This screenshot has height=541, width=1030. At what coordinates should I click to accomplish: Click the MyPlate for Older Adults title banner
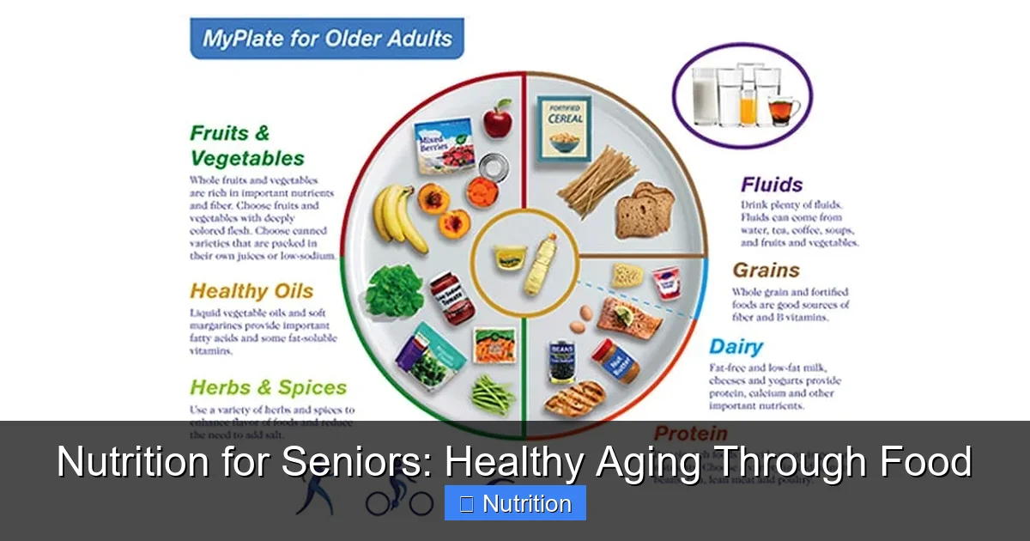(x=326, y=39)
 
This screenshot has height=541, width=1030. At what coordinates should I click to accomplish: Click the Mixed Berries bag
(x=442, y=145)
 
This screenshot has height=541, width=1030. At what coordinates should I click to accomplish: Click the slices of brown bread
(x=645, y=210)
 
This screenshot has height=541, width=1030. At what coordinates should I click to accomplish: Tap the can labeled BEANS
(x=563, y=360)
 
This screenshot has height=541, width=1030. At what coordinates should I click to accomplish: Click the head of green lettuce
(x=394, y=290)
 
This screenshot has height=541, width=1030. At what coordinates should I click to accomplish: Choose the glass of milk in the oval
(x=705, y=95)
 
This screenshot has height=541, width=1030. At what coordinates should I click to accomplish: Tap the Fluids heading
(x=772, y=185)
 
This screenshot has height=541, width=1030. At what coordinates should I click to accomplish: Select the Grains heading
(x=766, y=270)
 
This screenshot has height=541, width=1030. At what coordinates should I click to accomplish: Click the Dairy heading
(x=736, y=347)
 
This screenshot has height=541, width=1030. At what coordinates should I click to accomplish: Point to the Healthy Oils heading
(x=251, y=291)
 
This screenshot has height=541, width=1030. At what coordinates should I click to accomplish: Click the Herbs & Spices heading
(x=268, y=387)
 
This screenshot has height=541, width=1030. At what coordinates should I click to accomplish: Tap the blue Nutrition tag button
(x=515, y=503)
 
